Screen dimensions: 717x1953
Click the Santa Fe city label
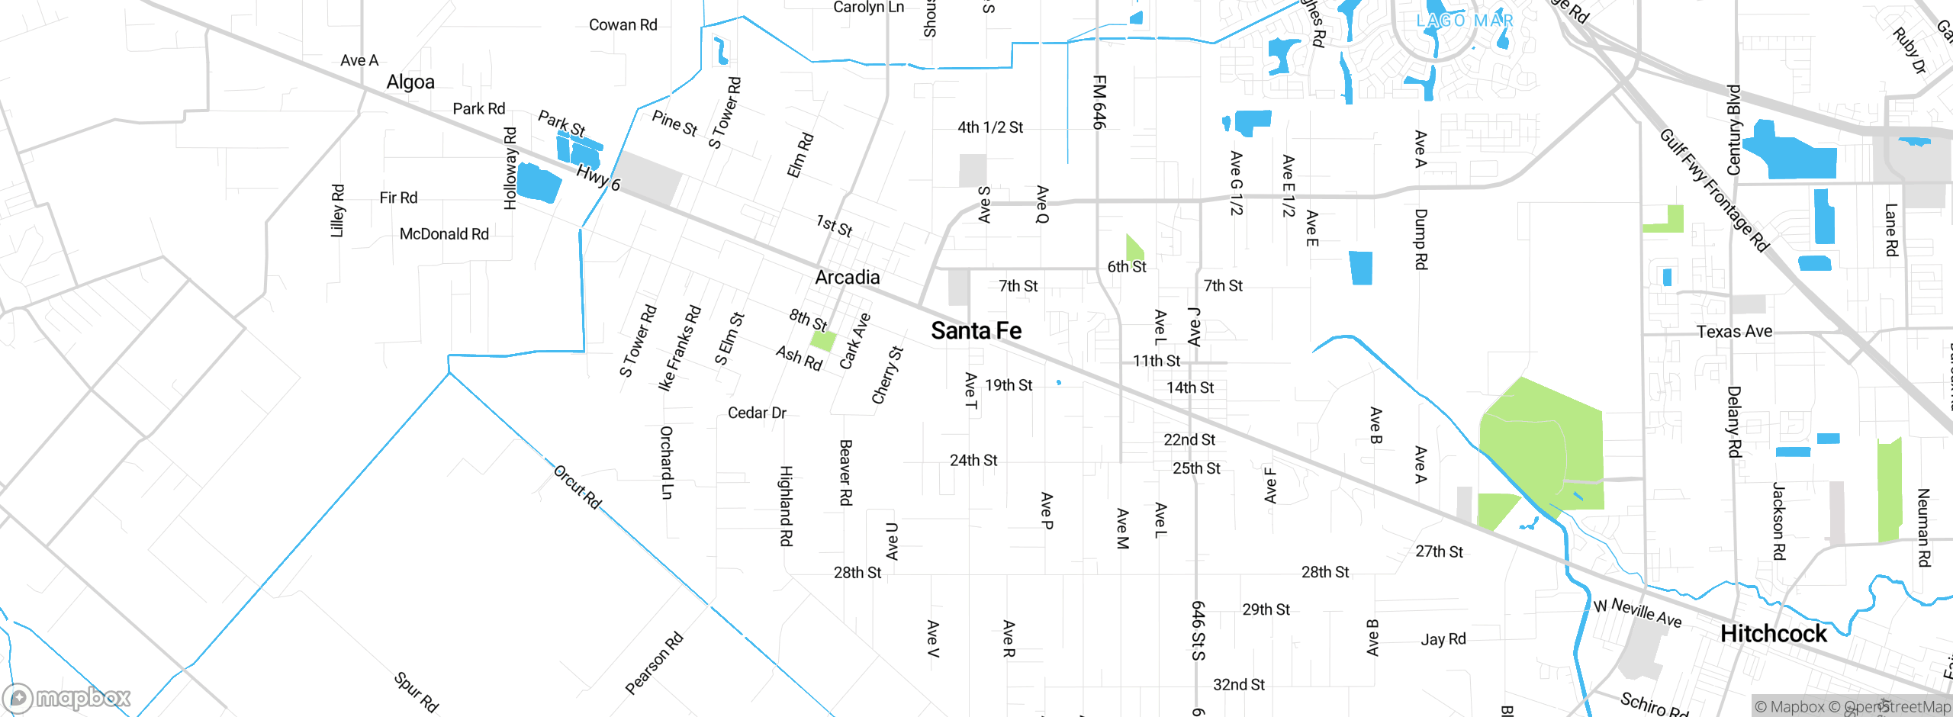tap(976, 331)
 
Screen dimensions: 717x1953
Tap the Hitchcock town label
tap(1773, 634)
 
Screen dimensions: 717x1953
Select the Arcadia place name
tap(847, 277)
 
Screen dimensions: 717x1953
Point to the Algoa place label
tap(410, 82)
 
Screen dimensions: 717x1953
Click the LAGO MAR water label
tap(1465, 21)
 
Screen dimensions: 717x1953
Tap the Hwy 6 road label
tap(598, 178)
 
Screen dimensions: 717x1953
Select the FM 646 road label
tap(1099, 101)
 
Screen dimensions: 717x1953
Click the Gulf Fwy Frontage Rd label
tap(1713, 190)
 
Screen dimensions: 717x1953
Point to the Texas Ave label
tap(1734, 331)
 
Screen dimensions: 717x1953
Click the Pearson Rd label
tap(654, 664)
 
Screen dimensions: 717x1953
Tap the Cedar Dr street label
tap(756, 413)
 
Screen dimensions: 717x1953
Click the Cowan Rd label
tap(623, 25)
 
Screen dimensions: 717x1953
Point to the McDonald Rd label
tap(444, 234)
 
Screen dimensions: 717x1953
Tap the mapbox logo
tap(67, 698)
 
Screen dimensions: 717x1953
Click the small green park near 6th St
tap(1134, 248)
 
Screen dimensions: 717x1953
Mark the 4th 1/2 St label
tap(990, 127)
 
